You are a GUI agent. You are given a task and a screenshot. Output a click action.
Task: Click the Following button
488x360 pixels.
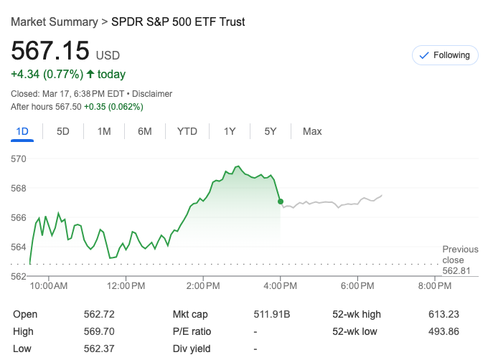445,55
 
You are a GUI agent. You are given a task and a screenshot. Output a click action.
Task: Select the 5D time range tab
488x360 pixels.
63,131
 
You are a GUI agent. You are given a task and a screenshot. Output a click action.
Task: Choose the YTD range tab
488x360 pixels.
187,131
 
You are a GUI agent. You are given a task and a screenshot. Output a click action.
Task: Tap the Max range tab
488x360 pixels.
312,131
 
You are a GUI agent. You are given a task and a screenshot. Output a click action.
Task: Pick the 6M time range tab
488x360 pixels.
145,131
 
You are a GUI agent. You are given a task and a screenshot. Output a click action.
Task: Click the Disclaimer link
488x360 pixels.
152,94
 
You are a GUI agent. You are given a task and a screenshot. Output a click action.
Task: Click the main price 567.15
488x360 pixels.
50,52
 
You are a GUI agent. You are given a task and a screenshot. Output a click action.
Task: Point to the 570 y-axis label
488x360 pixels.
19,158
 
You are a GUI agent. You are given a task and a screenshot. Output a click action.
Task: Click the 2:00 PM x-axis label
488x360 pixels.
203,286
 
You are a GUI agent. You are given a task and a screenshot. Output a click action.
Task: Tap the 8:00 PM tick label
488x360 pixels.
435,286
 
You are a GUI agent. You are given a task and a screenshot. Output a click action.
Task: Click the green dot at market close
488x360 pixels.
280,202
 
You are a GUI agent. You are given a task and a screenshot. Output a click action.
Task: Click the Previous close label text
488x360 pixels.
460,255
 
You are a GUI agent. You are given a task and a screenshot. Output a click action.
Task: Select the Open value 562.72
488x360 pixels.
99,314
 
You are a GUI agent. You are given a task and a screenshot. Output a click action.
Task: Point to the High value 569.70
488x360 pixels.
99,331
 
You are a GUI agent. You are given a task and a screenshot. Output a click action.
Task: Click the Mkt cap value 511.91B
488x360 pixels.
272,314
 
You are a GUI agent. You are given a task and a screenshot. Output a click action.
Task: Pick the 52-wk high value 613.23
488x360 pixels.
442,314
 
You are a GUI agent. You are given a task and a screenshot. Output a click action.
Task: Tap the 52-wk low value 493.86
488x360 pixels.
442,331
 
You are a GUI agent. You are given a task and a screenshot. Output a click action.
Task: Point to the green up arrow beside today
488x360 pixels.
90,74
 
